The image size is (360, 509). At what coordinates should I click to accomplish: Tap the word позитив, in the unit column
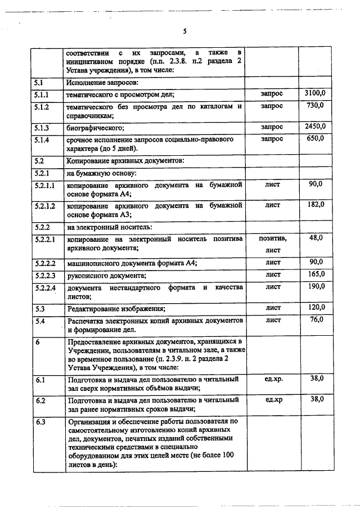[x=272, y=239]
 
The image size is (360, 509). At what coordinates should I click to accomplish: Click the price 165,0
[x=316, y=274]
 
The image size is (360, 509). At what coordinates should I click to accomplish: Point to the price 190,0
[x=316, y=287]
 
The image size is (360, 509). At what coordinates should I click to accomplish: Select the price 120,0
[x=316, y=307]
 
